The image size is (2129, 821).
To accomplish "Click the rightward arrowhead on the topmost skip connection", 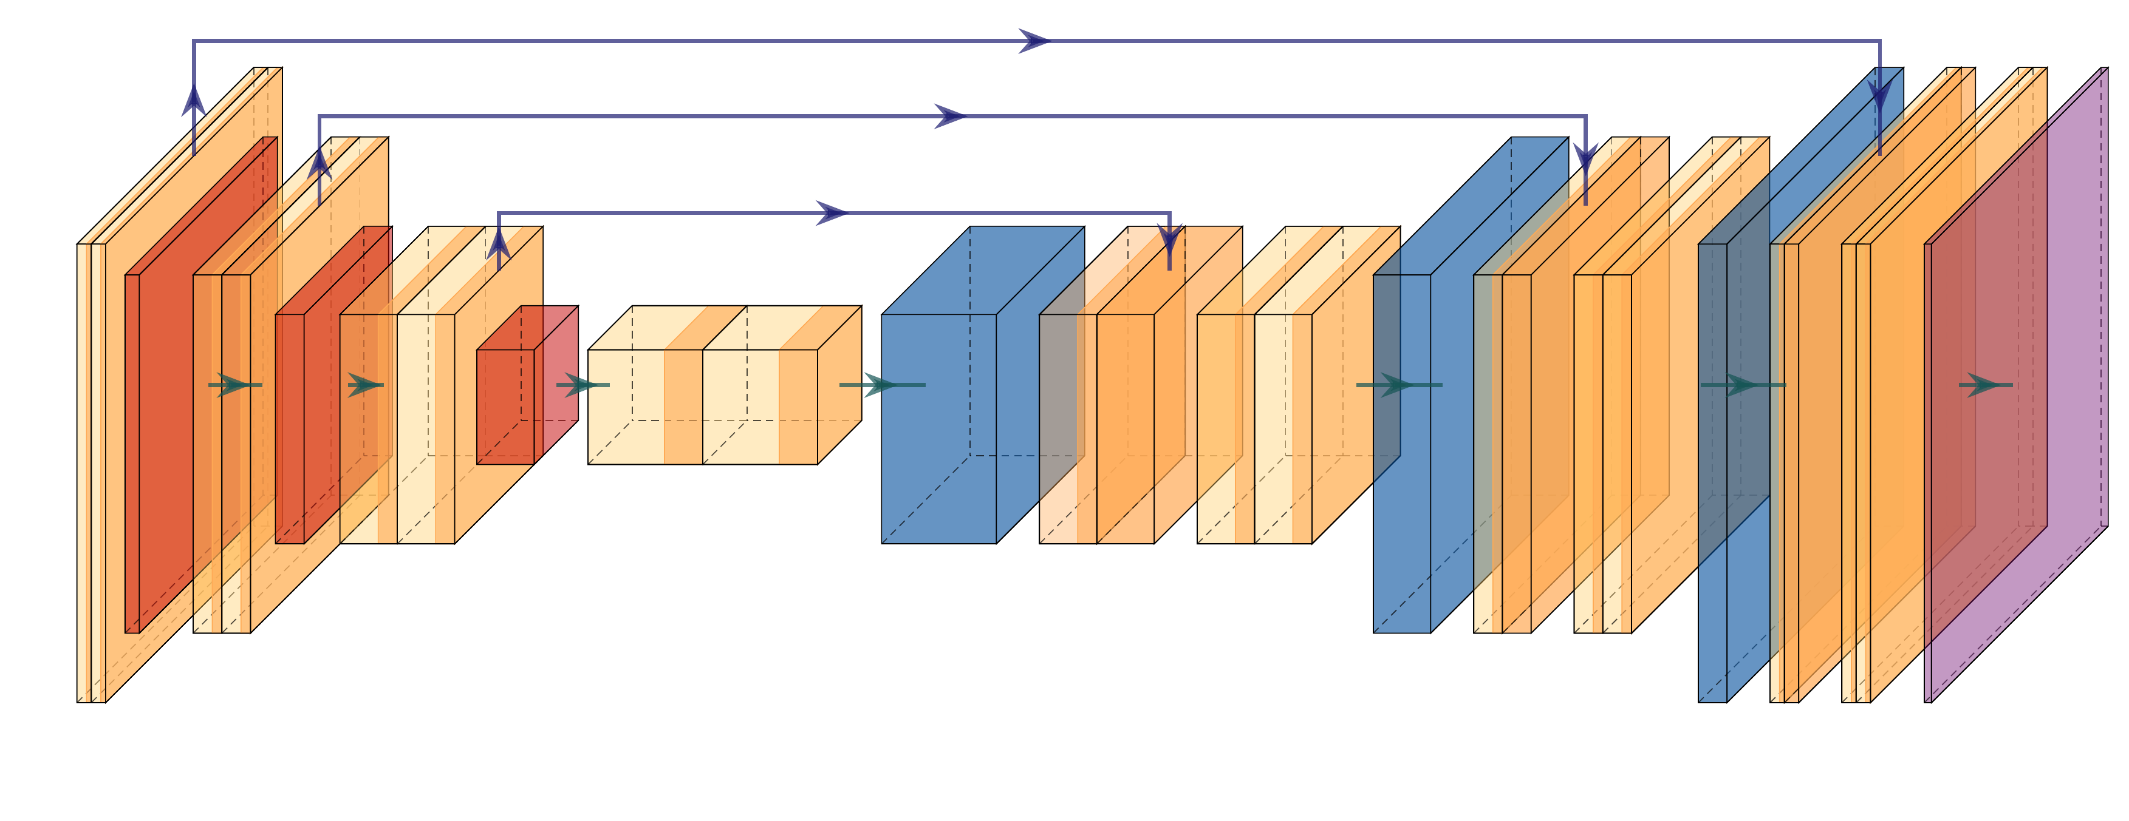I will tap(1033, 41).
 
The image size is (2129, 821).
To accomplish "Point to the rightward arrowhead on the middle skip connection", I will tap(951, 117).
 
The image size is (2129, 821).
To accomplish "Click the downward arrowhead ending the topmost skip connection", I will tap(1880, 96).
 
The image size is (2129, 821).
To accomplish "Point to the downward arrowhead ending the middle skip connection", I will tap(1585, 157).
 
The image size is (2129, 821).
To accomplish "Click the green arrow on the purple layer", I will tap(1984, 385).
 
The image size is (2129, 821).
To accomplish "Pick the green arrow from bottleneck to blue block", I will tap(881, 385).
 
